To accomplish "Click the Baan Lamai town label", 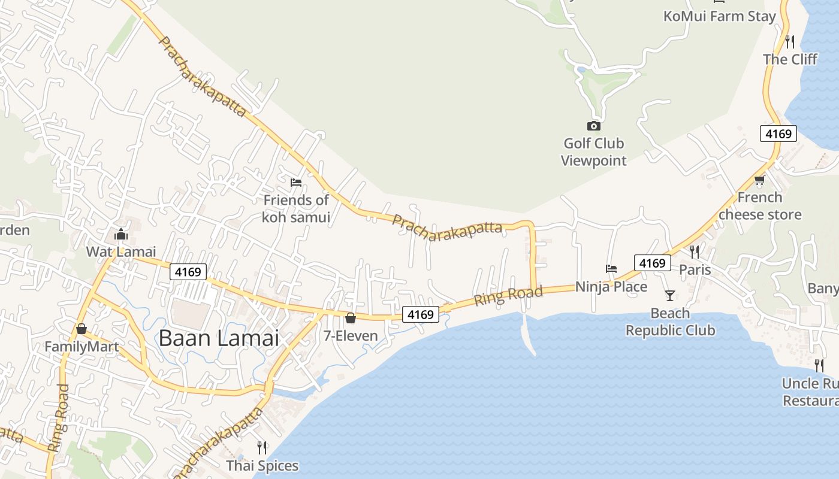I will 219,338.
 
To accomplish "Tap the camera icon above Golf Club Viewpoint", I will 593,126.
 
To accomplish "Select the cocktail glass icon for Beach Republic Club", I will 669,295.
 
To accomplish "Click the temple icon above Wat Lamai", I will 121,234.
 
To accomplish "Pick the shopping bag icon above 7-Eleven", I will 351,317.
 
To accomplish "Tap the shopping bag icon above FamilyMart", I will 82,329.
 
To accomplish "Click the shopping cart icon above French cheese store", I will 759,180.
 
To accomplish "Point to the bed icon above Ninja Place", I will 611,269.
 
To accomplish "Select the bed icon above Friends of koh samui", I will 295,183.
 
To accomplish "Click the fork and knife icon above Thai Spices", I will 262,447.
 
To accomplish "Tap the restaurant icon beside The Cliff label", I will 790,41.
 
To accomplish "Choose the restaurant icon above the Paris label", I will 695,251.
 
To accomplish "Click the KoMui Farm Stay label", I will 719,16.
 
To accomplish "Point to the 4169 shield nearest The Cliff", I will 778,134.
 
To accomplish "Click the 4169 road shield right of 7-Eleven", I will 421,314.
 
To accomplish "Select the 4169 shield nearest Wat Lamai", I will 188,272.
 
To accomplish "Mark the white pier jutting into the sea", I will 527,333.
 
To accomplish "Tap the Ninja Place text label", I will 611,287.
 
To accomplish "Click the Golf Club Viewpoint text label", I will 594,152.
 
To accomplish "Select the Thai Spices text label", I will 262,465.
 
